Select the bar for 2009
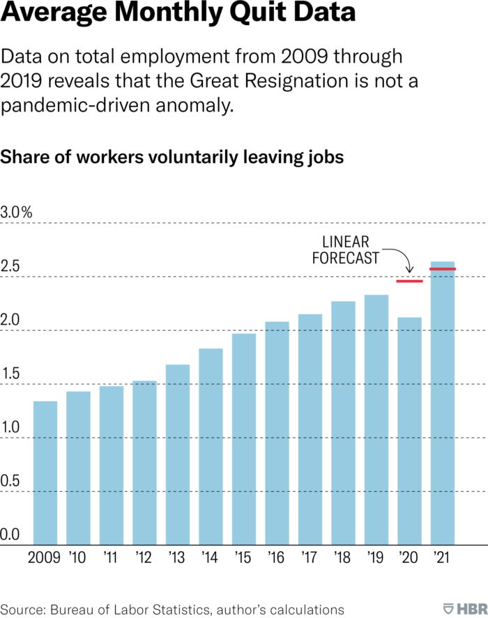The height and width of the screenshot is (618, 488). point(45,474)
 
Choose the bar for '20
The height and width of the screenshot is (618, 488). point(409,431)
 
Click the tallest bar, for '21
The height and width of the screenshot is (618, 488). point(443,403)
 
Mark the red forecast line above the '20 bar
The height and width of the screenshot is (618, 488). point(409,281)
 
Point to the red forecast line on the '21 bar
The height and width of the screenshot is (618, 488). point(443,269)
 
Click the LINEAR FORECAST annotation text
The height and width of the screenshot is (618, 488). point(351,250)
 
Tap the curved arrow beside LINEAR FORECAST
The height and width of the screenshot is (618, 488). point(399,257)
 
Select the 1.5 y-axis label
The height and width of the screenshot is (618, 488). point(10,374)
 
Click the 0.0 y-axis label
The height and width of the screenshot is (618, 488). point(10,535)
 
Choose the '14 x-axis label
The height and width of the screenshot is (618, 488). point(211,558)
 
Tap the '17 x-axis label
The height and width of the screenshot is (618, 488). point(310,558)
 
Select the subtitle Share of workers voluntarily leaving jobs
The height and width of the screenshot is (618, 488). point(172,157)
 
